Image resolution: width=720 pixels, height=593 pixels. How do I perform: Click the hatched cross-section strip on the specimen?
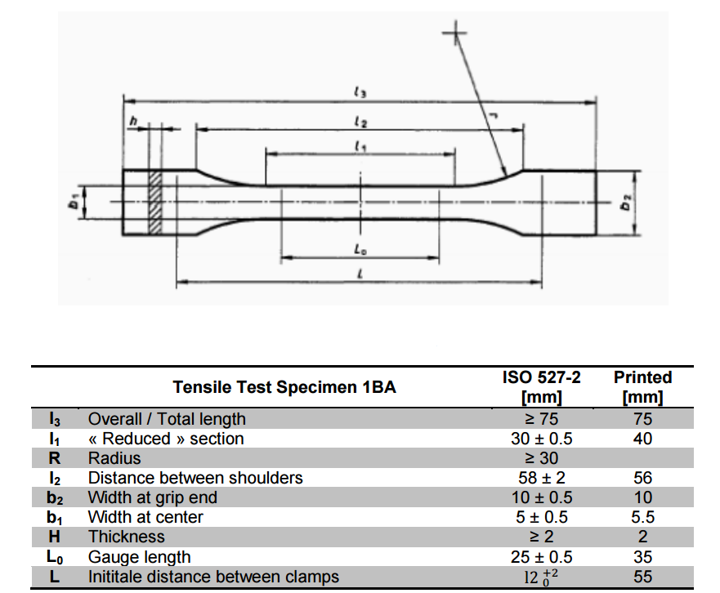pos(154,201)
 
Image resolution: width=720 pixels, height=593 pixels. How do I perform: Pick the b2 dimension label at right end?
pos(625,202)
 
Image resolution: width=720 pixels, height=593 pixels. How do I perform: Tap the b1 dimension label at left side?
pos(74,201)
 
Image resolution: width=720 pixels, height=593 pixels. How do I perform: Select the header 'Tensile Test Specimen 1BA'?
pos(284,387)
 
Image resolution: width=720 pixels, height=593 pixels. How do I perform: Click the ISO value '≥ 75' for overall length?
pos(541,419)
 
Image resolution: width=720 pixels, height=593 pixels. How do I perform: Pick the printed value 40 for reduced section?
pos(642,439)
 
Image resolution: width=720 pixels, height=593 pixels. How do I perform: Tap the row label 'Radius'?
pos(114,458)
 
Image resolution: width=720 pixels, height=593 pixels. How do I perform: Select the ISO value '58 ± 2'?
pos(541,478)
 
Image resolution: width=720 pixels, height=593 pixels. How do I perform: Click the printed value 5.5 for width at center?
pos(642,517)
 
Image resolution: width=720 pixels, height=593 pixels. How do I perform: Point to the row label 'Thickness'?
pos(127,537)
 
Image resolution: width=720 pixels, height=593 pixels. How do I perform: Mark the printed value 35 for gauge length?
pos(642,557)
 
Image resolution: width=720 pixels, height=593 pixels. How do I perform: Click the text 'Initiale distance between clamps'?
pos(213,577)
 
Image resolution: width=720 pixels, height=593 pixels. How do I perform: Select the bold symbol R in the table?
pos(55,458)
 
